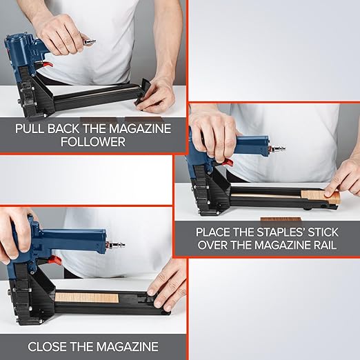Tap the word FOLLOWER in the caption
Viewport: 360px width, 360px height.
point(93,141)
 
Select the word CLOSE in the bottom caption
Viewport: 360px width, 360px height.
point(47,347)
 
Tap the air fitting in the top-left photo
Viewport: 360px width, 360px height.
point(89,41)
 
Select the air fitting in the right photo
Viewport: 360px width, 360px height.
point(277,148)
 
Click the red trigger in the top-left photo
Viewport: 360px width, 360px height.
point(48,64)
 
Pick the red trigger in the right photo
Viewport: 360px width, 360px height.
point(227,163)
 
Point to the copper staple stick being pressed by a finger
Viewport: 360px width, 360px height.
point(320,197)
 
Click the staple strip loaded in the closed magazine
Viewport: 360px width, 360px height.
point(87,298)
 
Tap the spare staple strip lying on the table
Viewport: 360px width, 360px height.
point(281,219)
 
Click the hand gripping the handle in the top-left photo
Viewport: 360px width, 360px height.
point(59,34)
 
